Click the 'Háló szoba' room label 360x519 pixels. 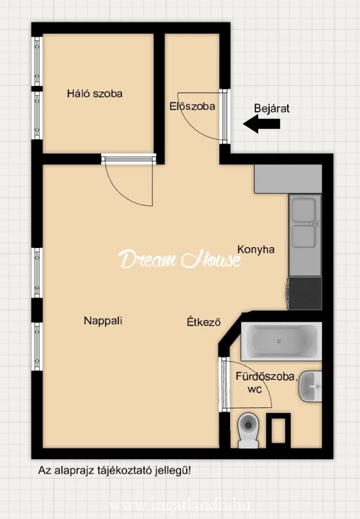pyautogui.click(x=95, y=94)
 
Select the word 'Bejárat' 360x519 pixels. pyautogui.click(x=272, y=109)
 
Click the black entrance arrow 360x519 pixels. pyautogui.click(x=260, y=125)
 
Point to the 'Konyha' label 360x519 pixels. pyautogui.click(x=256, y=249)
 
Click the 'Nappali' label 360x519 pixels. pyautogui.click(x=102, y=321)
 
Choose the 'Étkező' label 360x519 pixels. pyautogui.click(x=203, y=322)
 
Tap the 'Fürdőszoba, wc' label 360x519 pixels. pyautogui.click(x=255, y=382)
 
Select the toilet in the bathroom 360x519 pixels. pyautogui.click(x=247, y=430)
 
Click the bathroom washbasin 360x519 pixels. pyautogui.click(x=312, y=387)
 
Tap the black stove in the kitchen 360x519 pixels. pyautogui.click(x=304, y=293)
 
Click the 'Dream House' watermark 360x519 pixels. pyautogui.click(x=180, y=259)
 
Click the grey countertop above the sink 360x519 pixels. pyautogui.click(x=287, y=179)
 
